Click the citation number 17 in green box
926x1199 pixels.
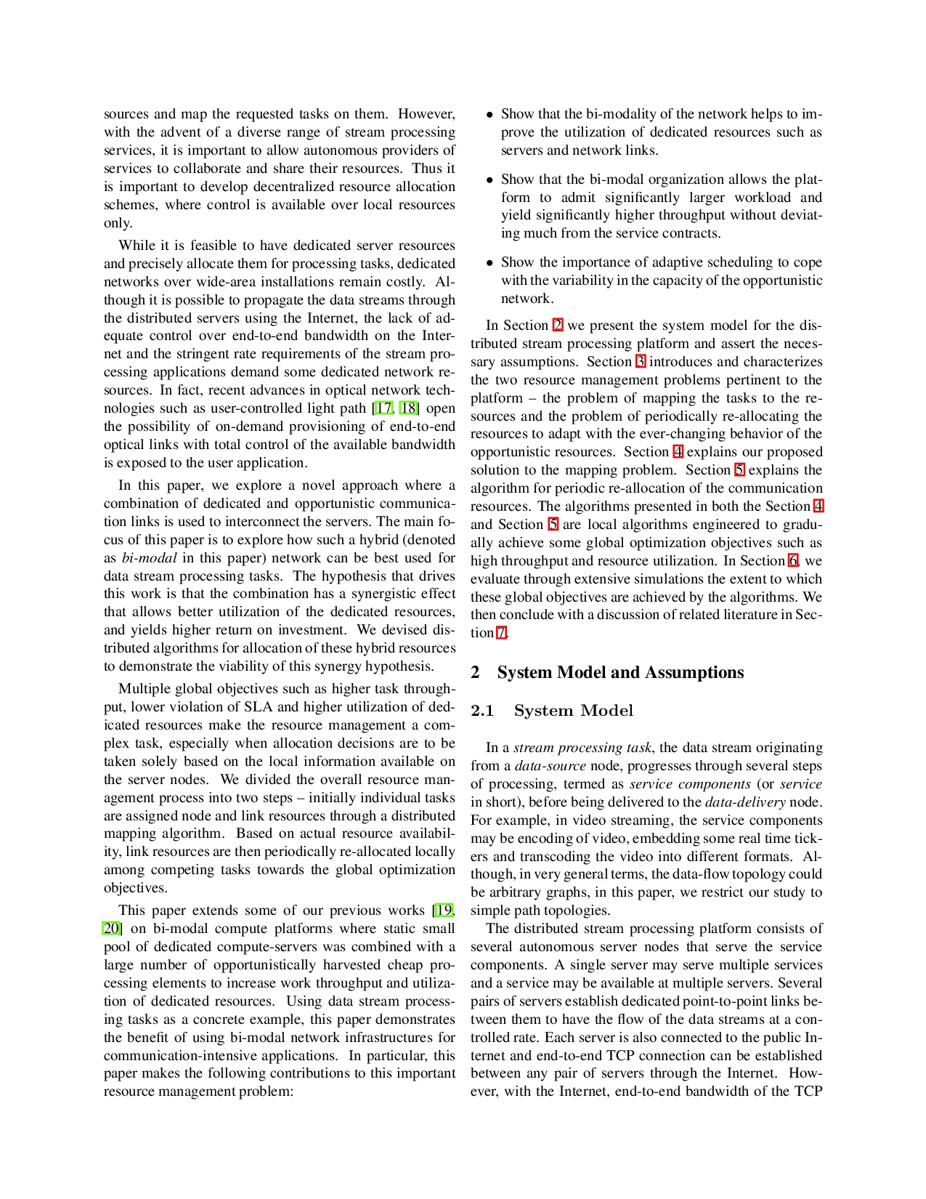coord(383,408)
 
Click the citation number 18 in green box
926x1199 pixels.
coord(408,408)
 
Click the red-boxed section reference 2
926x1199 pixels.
coord(557,326)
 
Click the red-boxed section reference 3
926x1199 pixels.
coord(640,362)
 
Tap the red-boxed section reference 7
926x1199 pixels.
coord(500,633)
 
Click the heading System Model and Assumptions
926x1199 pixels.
coord(620,672)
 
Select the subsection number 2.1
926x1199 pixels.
coord(482,711)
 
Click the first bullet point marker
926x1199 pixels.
coord(490,115)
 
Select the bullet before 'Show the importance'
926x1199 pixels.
coord(490,263)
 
